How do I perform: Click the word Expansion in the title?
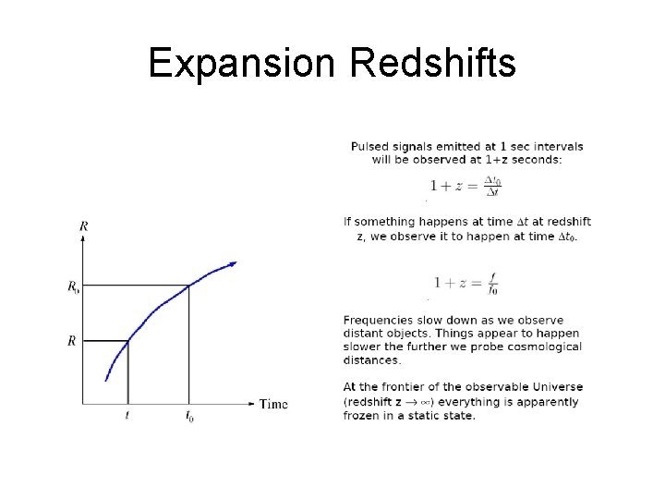coord(242,65)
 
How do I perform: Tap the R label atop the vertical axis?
coord(84,225)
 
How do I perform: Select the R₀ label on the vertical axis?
coord(73,287)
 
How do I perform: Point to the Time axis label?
coord(273,404)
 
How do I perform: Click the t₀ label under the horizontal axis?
coord(189,418)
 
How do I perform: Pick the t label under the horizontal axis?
coord(127,417)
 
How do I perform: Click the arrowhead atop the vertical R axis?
coord(84,238)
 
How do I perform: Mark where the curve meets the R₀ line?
coord(189,286)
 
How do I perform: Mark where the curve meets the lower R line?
coord(127,341)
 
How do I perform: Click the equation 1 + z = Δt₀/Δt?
coord(465,185)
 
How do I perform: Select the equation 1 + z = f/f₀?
coord(465,282)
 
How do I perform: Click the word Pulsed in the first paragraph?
coord(369,147)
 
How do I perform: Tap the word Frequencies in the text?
coord(380,321)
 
